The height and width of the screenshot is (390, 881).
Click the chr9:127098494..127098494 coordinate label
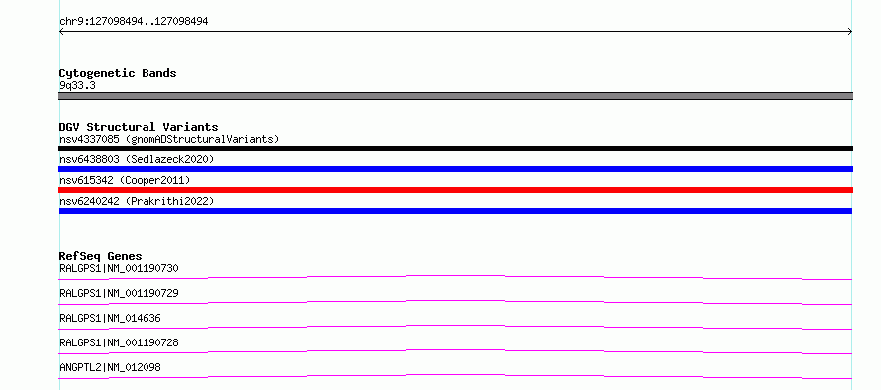point(134,22)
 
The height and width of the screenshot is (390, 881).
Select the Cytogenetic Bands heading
point(118,73)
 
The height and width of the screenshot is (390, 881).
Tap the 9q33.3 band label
point(77,85)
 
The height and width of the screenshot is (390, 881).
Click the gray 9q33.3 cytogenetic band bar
point(455,96)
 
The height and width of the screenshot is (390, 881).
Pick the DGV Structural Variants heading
point(139,127)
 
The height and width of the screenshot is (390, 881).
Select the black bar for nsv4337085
point(455,148)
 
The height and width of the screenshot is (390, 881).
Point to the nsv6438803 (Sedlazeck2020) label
point(137,159)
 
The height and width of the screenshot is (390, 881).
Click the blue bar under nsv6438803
point(455,169)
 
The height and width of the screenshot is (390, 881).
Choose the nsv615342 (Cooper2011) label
point(125,180)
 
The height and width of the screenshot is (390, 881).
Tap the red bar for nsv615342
point(455,190)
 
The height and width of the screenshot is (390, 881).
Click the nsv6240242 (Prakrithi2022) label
point(137,201)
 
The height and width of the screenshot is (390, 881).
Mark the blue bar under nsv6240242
point(455,211)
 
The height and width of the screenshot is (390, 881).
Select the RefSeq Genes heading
point(101,256)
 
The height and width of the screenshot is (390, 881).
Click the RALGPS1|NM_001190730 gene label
point(119,268)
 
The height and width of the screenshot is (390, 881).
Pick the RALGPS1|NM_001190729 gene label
point(119,293)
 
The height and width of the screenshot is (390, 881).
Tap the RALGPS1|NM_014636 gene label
point(110,318)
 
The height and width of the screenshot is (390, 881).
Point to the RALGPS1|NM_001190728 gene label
point(119,342)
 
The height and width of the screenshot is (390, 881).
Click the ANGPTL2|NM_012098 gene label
point(110,367)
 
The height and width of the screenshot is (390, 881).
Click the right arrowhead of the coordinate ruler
point(850,32)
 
